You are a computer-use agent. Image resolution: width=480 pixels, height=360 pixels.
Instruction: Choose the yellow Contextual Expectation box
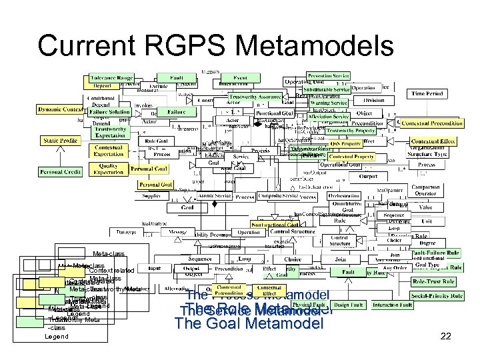[108, 150]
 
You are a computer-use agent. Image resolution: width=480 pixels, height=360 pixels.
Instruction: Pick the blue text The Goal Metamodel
[248, 325]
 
